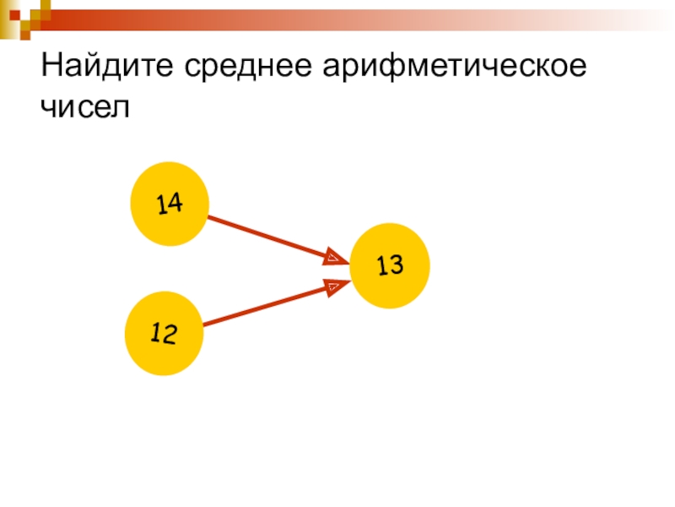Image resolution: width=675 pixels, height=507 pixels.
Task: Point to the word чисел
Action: [x=88, y=109]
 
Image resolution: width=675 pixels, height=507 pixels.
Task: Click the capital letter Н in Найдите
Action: [x=50, y=65]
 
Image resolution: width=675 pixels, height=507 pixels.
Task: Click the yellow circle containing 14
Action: [x=170, y=204]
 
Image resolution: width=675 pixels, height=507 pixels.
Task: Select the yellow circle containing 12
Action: [x=164, y=334]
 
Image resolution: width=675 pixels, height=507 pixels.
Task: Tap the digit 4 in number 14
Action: [x=175, y=204]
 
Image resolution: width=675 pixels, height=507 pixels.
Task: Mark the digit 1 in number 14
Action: [x=160, y=204]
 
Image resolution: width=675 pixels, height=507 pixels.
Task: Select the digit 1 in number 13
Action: [x=381, y=267]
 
